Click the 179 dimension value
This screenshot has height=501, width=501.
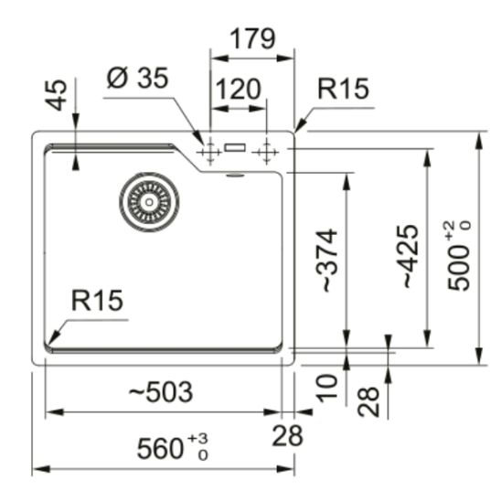[x=252, y=38]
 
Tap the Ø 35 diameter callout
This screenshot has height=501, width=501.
[x=137, y=80]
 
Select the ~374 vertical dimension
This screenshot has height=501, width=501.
[x=328, y=261]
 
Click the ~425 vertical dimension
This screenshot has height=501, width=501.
[x=409, y=257]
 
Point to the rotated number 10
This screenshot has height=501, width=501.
[x=328, y=387]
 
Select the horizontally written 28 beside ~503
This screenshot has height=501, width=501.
[x=289, y=436]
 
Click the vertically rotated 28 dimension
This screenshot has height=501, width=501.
[x=369, y=401]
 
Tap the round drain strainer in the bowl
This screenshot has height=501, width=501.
[x=146, y=199]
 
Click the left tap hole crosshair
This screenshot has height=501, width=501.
[x=209, y=150]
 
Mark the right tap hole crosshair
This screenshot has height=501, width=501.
[x=267, y=150]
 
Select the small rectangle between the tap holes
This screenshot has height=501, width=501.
[x=236, y=146]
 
